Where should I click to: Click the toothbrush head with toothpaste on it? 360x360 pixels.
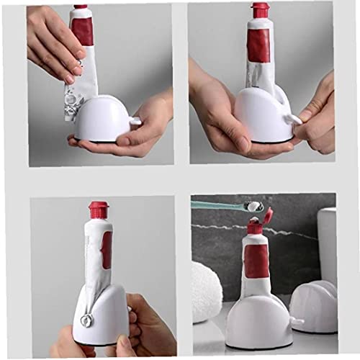click(x=253, y=207)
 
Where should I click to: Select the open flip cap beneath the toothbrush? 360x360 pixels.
click(x=267, y=215)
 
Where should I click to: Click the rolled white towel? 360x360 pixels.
click(x=206, y=292)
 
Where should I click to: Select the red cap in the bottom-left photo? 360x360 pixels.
click(x=98, y=210)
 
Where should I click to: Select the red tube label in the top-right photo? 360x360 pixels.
click(x=258, y=45)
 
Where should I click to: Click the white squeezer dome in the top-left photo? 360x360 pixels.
click(x=101, y=119)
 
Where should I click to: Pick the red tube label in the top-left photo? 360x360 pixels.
click(x=83, y=30)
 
